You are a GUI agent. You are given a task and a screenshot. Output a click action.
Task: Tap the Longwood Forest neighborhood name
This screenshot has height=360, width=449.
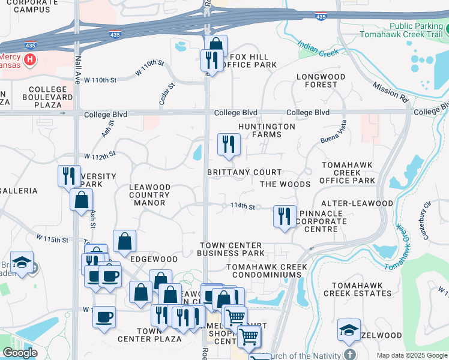pos(321,81)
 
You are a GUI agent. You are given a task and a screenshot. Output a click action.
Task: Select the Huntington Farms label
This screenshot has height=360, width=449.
pos(267,130)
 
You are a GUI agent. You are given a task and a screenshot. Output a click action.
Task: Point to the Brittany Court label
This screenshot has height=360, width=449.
pos(244,172)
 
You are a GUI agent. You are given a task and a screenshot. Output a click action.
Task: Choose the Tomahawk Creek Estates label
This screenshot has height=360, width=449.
pos(357,289)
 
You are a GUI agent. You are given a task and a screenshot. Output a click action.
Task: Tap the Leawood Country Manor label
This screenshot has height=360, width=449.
pos(150,195)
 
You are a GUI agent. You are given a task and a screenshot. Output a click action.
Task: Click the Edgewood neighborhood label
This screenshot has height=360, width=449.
pos(154,259)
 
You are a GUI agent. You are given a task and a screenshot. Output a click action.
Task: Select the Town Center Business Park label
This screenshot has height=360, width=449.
pos(231,249)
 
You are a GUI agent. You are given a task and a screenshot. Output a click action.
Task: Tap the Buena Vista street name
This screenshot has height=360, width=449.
pos(334,142)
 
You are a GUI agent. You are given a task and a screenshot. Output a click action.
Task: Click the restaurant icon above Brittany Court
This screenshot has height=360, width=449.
pos(228,145)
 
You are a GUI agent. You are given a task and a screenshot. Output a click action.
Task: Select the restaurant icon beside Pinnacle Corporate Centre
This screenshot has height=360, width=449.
pos(284,216)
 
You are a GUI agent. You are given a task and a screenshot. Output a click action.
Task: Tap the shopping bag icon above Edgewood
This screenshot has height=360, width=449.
pos(124,241)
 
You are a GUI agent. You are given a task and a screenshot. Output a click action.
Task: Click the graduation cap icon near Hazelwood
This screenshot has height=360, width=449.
pos(349,329)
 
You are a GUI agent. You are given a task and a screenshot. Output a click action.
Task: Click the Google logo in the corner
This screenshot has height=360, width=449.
pos(20,353)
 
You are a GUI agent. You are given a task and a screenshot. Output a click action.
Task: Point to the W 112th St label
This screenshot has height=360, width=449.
pos(100,155)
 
